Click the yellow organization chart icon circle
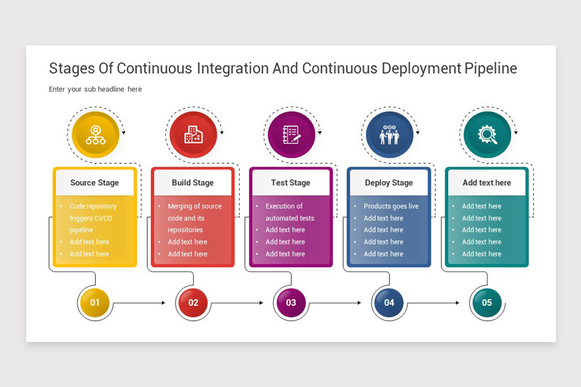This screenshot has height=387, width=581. tap(95, 135)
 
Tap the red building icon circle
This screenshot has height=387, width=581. tap(193, 135)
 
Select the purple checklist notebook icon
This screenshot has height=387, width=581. tap(291, 135)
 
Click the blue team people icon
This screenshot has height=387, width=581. tap(389, 135)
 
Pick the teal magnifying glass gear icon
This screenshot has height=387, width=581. tap(487, 135)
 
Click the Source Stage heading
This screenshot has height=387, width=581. tap(94, 183)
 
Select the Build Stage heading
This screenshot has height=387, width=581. tap(193, 183)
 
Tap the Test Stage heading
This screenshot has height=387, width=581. tap(290, 183)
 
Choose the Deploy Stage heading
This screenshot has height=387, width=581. tap(389, 183)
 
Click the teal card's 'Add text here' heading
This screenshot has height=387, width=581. tap(487, 183)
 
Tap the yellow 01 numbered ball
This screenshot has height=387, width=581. tap(95, 303)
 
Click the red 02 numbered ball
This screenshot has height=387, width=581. tap(193, 303)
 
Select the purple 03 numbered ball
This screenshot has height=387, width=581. tap(291, 303)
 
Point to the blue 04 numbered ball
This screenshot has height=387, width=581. tap(389, 303)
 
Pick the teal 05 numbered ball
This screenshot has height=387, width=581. tap(487, 303)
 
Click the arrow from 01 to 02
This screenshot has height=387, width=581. tap(139, 303)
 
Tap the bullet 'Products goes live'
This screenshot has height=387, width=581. tap(391, 207)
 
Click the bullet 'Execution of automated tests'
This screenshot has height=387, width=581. tap(290, 212)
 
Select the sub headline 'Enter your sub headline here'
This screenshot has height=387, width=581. tap(95, 89)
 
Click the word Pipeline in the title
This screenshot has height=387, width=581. tap(490, 69)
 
